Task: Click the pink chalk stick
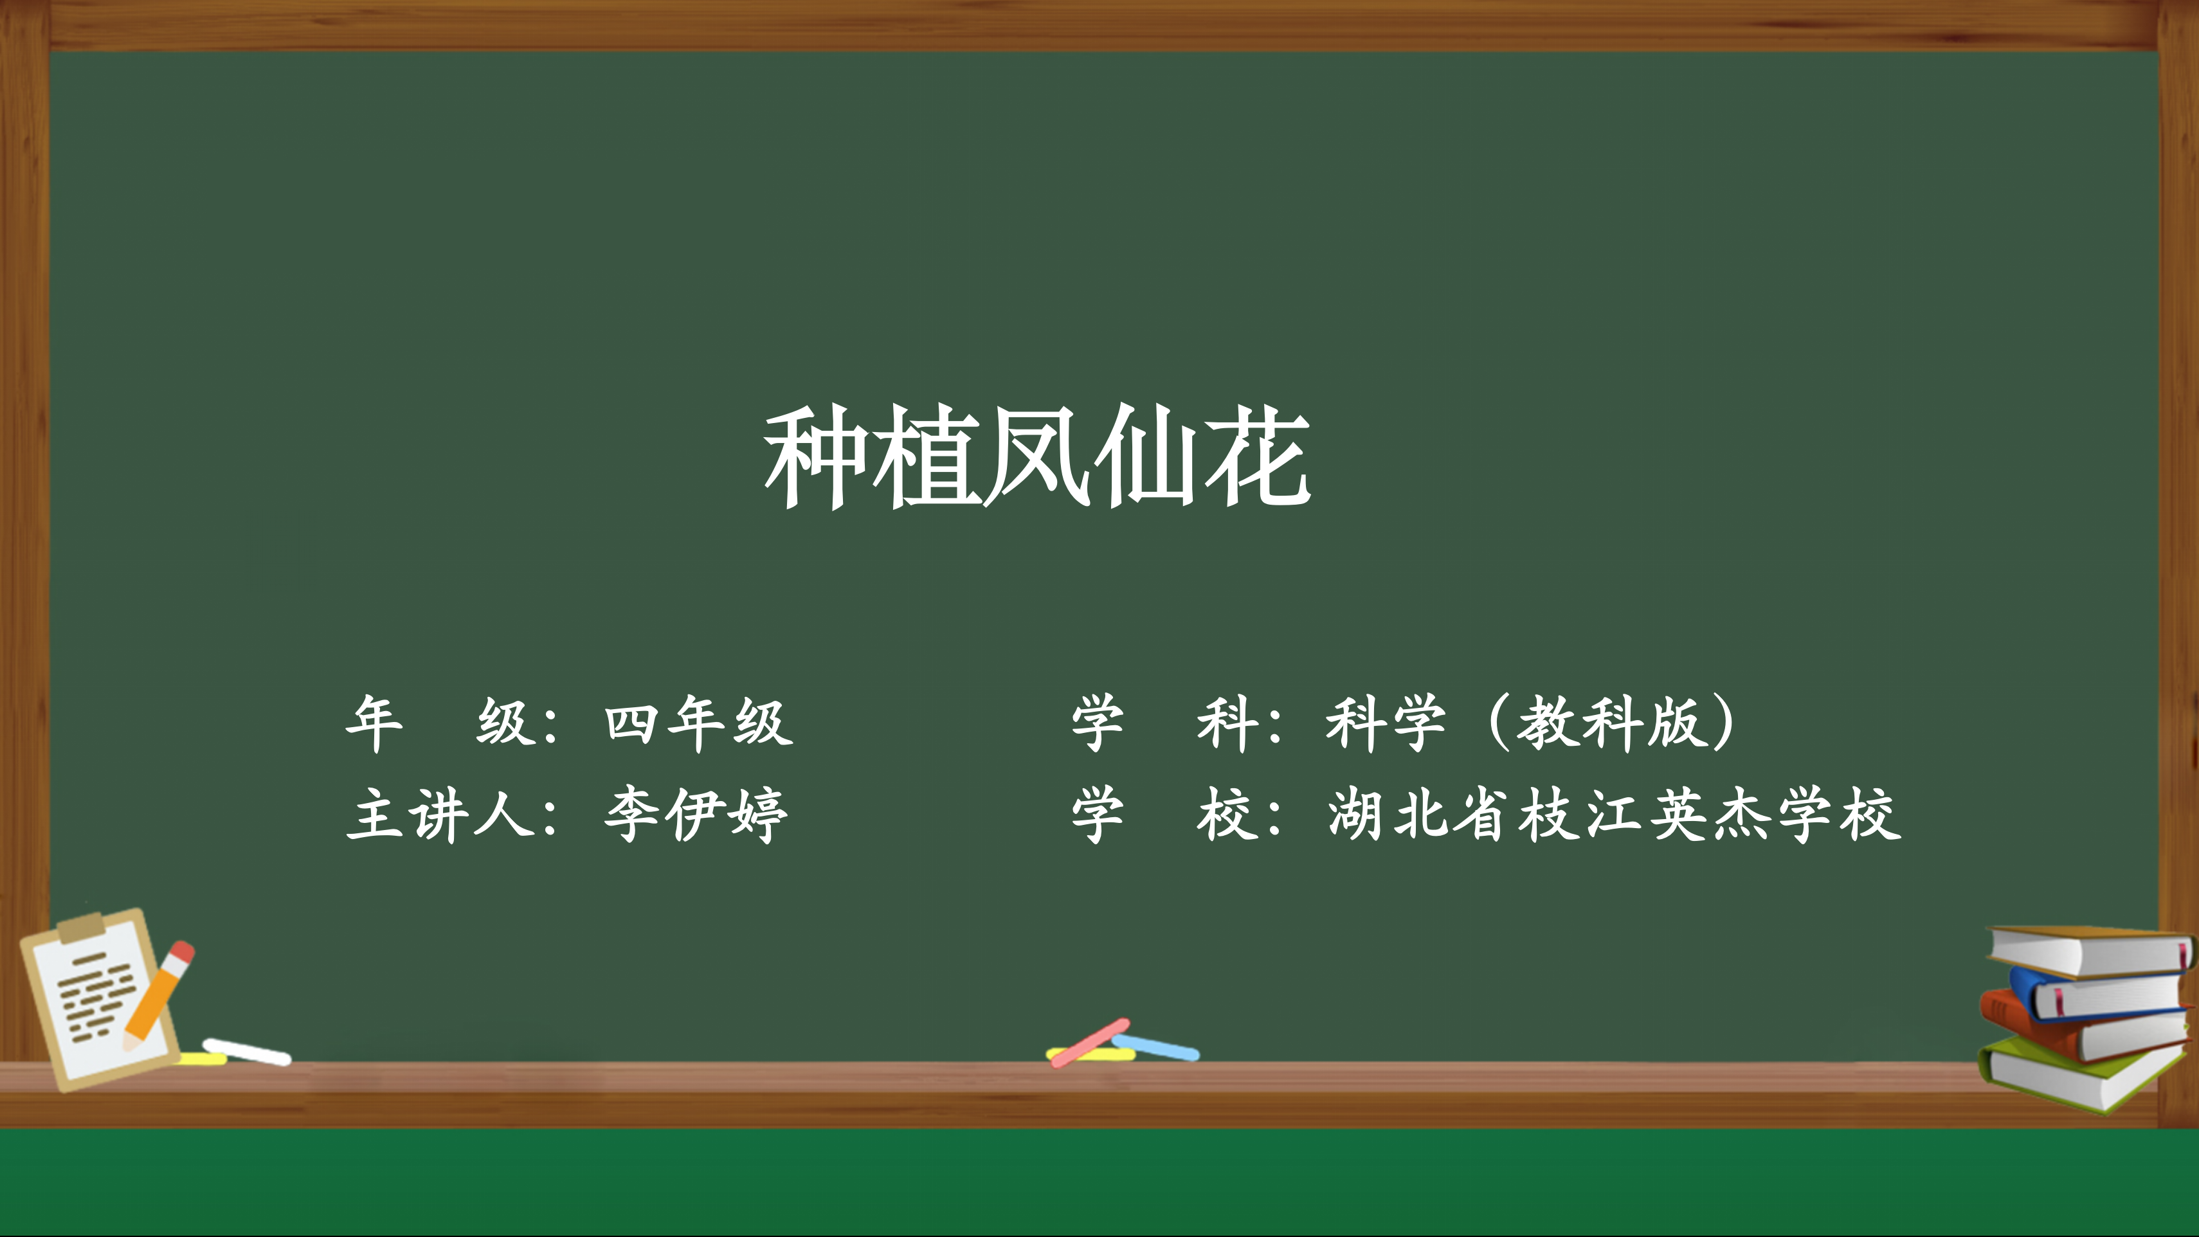[x=1090, y=1042]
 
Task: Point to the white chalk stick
[x=247, y=1052]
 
